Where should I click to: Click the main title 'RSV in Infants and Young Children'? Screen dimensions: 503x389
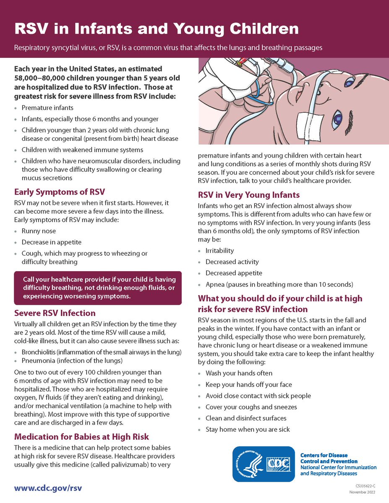click(x=157, y=29)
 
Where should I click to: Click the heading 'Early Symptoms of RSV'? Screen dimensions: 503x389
click(x=59, y=192)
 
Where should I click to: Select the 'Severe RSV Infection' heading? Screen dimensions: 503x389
click(x=55, y=313)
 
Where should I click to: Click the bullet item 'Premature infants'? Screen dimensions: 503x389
click(x=47, y=108)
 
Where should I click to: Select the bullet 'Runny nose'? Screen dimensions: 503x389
click(x=39, y=231)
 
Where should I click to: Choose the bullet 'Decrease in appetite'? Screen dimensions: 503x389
click(x=52, y=242)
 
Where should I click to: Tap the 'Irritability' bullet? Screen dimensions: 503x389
click(x=219, y=251)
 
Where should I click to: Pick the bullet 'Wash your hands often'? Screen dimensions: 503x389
click(x=239, y=373)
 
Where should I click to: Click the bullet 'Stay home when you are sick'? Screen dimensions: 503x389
click(x=248, y=429)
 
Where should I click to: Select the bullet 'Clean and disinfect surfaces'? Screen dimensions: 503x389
click(x=246, y=418)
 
